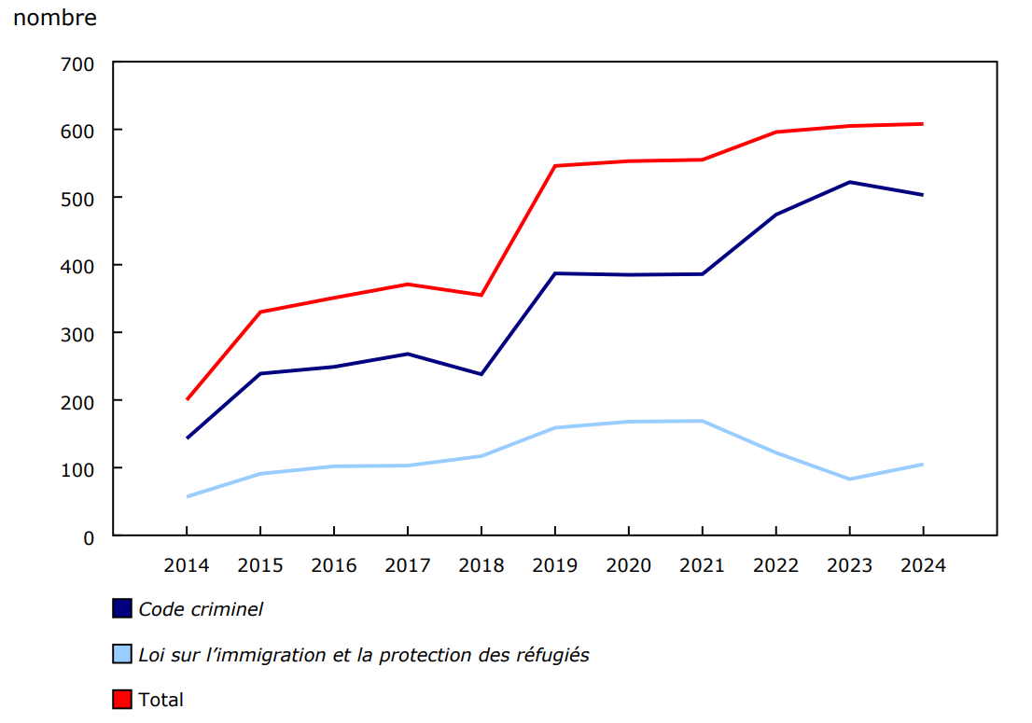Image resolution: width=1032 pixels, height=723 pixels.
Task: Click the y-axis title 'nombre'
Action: coord(55,18)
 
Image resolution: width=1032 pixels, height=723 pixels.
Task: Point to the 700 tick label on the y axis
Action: coord(77,63)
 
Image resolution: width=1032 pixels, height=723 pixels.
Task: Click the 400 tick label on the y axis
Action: coord(77,266)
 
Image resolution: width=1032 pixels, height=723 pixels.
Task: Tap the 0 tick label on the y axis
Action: coord(89,536)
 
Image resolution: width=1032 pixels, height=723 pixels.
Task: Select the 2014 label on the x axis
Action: coord(187,565)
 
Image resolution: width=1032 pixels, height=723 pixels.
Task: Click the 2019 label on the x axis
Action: coord(555,565)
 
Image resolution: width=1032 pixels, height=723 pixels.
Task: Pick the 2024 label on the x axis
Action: coord(923,565)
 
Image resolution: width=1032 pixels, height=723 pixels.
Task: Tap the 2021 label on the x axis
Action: coord(702,565)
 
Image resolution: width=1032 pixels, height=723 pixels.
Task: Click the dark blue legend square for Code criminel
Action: coord(122,609)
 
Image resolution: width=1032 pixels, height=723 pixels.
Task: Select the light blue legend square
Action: coord(122,655)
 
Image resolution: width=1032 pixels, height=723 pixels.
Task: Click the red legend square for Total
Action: coord(122,700)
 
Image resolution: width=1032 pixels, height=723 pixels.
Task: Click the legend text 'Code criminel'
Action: coord(201,609)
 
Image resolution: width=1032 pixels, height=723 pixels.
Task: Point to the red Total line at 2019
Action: coord(555,166)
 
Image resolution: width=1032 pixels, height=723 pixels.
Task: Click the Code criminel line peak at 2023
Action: coord(849,182)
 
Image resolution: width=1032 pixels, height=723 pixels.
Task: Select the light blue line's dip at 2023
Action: coord(849,479)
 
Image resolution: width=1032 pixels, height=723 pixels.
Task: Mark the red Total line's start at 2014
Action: coord(188,399)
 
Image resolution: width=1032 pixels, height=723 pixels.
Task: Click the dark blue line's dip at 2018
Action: coord(481,374)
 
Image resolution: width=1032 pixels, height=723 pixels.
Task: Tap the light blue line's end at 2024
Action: coord(922,465)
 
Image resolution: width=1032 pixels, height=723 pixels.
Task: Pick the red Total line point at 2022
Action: coord(775,132)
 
